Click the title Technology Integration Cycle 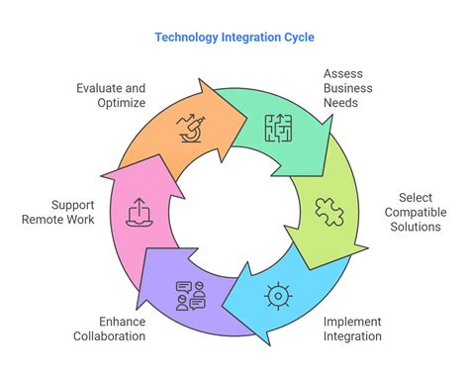[234, 38]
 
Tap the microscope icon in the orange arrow [189, 126]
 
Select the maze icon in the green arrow [277, 126]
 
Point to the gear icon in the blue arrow [277, 294]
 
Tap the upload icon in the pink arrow [139, 211]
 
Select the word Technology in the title [187, 38]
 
